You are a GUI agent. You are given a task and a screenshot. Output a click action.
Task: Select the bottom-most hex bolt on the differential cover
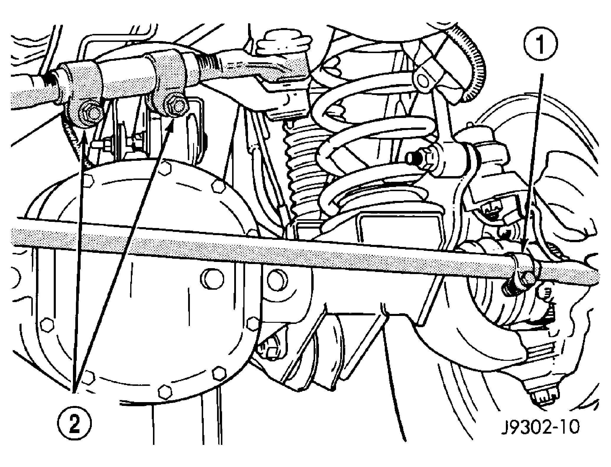(164, 391)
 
